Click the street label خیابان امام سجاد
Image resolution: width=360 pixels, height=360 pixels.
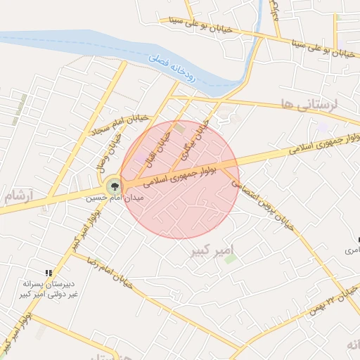[x=120, y=124]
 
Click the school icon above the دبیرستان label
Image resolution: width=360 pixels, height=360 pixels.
[x=49, y=273]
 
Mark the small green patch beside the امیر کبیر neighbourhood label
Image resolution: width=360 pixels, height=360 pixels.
[x=230, y=259]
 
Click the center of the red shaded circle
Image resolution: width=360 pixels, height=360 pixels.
[x=179, y=179]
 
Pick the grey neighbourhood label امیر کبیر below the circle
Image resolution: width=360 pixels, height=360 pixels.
[x=212, y=250]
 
